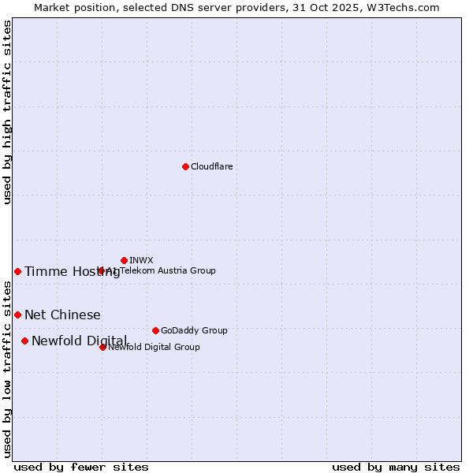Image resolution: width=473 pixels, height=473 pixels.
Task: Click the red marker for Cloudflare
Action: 185,166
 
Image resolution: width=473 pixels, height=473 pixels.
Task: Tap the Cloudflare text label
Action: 211,166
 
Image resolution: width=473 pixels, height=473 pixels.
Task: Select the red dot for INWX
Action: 124,260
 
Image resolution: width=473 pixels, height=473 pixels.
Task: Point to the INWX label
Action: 141,260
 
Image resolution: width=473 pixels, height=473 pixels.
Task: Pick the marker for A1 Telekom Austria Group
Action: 101,270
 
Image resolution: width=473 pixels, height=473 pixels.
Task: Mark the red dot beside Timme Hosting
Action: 17,271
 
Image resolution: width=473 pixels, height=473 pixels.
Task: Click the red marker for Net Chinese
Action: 17,315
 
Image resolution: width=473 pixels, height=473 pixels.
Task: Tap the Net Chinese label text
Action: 62,315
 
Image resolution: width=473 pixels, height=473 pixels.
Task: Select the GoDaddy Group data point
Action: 155,330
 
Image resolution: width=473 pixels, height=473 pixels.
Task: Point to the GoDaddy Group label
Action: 193,330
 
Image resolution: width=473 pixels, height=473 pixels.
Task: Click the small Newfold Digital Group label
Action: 154,347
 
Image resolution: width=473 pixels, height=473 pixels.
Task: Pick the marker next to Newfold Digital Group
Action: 102,347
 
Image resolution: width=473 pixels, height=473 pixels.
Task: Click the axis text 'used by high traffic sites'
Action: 8,112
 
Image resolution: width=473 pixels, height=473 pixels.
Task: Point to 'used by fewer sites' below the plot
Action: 81,467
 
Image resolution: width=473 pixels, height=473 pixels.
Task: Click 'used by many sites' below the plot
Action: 396,467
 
